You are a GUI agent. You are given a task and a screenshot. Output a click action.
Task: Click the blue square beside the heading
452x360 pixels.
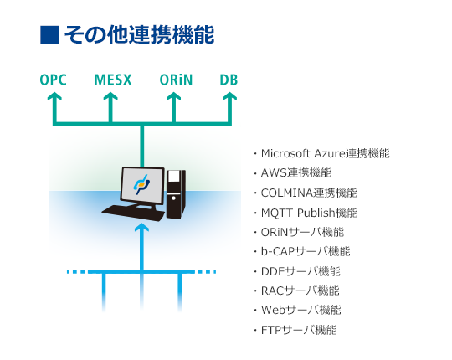point(49,35)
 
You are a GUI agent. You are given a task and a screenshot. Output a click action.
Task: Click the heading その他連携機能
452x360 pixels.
point(140,35)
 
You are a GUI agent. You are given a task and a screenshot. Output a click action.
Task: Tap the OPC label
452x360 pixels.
point(53,80)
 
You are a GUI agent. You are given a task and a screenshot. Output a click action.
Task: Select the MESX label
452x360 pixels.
point(113,80)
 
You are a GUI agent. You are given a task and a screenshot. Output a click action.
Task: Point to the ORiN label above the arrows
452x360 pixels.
point(176,80)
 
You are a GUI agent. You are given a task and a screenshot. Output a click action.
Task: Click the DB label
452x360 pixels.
point(229,80)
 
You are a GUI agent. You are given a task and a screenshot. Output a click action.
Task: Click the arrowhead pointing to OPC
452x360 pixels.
point(54,96)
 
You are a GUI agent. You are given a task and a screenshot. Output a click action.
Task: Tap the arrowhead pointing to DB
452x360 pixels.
point(229,96)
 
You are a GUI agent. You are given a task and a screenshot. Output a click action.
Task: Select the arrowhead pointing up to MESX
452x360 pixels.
point(110,96)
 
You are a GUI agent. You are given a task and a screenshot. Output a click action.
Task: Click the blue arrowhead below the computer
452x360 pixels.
point(141,228)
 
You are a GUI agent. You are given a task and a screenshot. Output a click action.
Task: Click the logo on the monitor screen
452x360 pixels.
point(141,184)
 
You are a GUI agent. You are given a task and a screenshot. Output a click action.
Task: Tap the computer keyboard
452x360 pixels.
point(133,213)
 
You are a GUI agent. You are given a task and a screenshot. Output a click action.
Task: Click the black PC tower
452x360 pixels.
point(176,194)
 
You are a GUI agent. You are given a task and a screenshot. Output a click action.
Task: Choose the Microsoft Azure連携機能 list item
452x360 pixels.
point(325,153)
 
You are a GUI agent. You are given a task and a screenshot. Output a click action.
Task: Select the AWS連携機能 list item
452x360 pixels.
point(296,173)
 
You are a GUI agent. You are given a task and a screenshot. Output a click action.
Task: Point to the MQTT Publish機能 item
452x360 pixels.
point(309,213)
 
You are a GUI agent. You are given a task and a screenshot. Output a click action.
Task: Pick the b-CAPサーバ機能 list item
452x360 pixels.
point(306,251)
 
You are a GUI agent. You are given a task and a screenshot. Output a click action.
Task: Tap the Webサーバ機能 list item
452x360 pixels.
point(301,310)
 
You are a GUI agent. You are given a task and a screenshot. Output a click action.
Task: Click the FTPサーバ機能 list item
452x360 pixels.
point(299,330)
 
